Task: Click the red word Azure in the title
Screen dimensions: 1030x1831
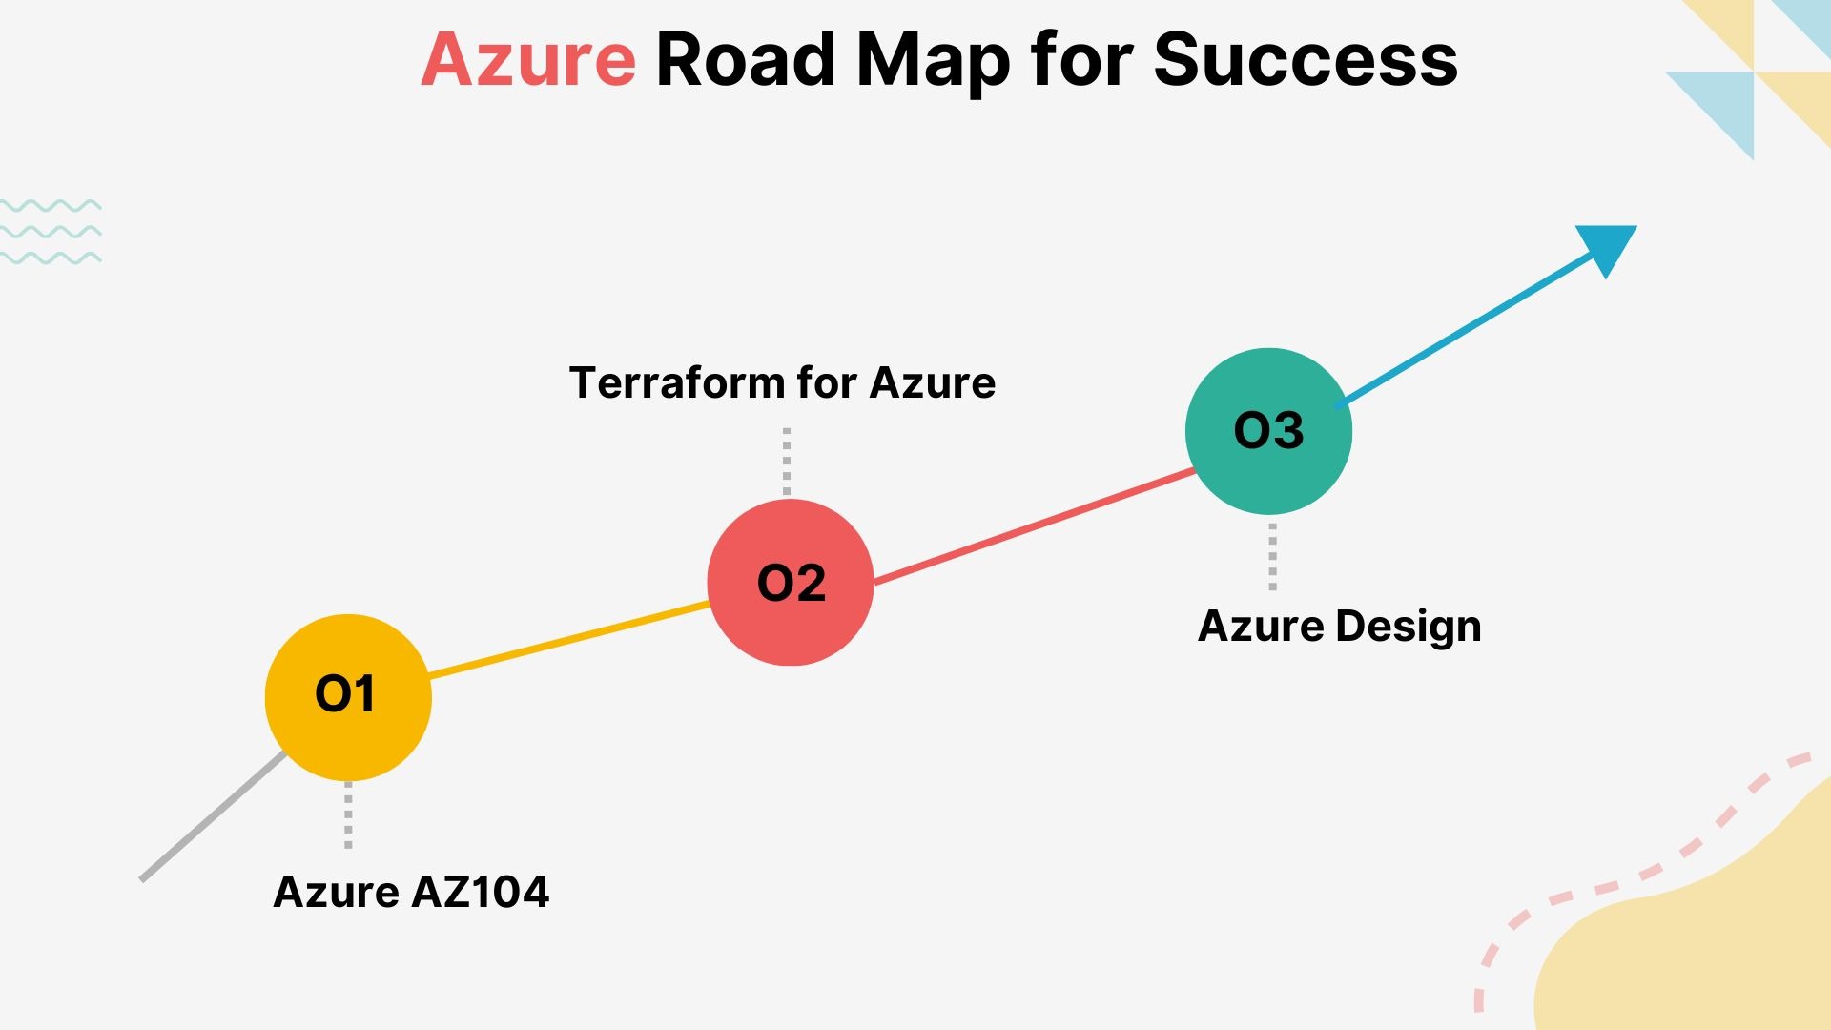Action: (527, 60)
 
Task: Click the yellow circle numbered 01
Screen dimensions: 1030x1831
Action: (348, 697)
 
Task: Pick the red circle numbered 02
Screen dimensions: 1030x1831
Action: (791, 582)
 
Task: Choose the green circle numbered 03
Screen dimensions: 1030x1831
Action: (1268, 431)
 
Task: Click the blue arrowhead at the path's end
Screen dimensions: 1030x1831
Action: (1610, 246)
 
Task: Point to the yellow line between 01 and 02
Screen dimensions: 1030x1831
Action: (569, 640)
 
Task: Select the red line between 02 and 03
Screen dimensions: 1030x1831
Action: (1035, 526)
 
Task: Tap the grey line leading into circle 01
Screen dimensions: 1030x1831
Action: (212, 817)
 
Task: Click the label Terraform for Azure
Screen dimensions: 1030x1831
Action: (782, 382)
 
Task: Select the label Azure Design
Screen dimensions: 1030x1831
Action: (1339, 627)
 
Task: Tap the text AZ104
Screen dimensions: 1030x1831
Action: (480, 892)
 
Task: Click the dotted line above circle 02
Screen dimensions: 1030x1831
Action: (787, 461)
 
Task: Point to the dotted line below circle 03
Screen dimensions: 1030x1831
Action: (1272, 557)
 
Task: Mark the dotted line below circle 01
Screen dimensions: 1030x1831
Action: (348, 814)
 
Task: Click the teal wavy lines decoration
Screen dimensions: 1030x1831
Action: (51, 232)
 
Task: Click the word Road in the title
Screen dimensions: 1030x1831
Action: (746, 60)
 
